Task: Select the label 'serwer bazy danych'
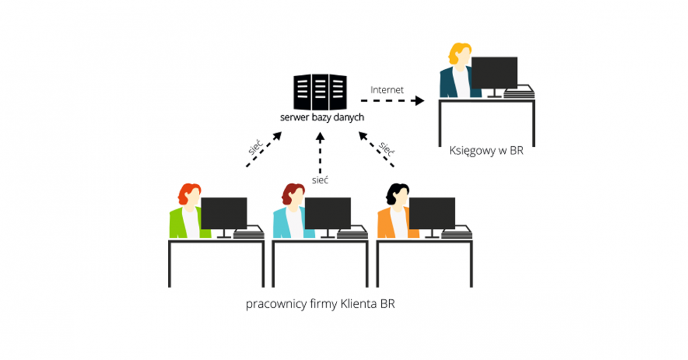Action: tap(321, 117)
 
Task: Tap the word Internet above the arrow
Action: tap(387, 90)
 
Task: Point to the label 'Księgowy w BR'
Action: tap(486, 151)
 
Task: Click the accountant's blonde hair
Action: tap(459, 53)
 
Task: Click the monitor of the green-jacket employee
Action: tap(224, 213)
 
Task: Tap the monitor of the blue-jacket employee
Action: tap(328, 213)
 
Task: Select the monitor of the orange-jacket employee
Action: tap(432, 213)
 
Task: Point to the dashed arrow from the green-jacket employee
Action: tap(263, 149)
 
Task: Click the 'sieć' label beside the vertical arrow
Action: tap(320, 180)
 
